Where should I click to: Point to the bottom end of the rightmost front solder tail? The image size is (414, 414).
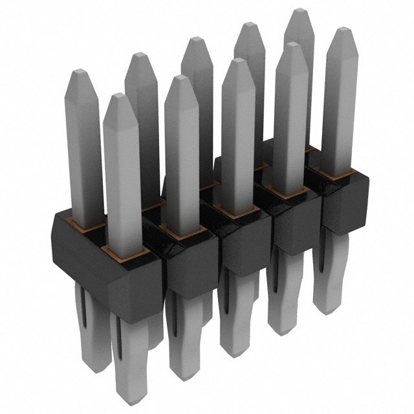click(327, 309)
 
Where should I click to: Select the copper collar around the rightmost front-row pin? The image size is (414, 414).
click(338, 174)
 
